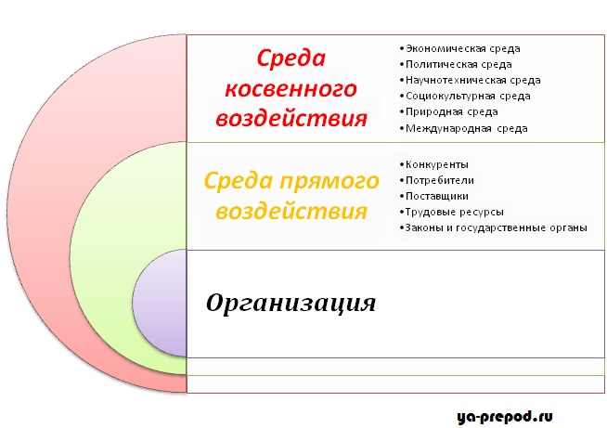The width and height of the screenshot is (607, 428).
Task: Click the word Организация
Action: pos(291,304)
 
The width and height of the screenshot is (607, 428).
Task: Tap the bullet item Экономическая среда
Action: pos(460,49)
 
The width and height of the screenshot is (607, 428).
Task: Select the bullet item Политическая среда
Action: pos(456,65)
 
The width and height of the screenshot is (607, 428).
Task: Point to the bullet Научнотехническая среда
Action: pos(470,81)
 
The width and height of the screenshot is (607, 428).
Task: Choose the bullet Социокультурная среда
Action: pos(465,96)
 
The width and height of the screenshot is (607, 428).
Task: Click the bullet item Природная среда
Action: pos(448,112)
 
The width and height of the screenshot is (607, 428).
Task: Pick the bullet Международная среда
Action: pos(463,128)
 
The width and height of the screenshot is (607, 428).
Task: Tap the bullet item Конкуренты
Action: pos(434,164)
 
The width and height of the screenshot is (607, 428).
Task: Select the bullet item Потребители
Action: pos(436,180)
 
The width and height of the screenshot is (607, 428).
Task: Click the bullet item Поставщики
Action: pos(434,196)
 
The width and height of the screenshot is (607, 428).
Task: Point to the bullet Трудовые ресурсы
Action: pos(452,212)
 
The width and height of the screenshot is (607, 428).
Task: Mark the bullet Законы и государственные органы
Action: pos(493,227)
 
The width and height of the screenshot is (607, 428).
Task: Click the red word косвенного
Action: pos(291,89)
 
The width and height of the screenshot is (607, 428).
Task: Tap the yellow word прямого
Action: pos(329,182)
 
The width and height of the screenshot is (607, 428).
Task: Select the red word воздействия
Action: pos(291,118)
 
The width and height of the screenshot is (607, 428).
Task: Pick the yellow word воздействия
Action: pos(291,212)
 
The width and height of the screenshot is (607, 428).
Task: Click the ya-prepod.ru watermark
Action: pos(505,417)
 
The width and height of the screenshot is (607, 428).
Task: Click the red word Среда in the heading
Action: pos(291,58)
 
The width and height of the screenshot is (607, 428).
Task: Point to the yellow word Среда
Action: pos(239,181)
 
